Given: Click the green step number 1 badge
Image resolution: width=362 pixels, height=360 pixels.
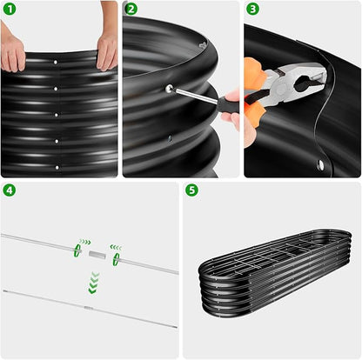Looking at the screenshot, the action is tap(10, 10).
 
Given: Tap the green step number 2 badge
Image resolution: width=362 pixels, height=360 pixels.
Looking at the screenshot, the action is tap(131, 10).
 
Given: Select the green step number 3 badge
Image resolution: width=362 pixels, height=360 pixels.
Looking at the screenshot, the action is tap(252, 10).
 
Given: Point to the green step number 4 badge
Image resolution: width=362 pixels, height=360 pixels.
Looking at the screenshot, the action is tap(10, 190).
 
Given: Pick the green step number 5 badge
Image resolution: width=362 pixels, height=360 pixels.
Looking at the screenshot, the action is tap(191, 190).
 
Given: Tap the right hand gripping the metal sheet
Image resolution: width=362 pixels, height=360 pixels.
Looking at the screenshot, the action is tap(107, 50).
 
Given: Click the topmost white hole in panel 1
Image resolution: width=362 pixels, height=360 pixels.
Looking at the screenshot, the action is tap(56, 62).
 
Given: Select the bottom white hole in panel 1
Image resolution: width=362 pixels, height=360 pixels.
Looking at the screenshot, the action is tap(57, 168).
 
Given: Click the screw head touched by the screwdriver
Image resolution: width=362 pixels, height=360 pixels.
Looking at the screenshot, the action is tap(169, 88).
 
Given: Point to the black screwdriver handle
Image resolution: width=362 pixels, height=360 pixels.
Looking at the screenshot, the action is tap(229, 106).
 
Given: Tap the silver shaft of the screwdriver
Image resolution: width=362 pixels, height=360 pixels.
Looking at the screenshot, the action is tap(196, 96).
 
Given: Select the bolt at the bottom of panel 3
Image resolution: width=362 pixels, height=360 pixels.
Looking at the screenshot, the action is tap(320, 164).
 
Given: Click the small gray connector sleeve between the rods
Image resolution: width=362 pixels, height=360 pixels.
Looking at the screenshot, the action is tap(97, 255).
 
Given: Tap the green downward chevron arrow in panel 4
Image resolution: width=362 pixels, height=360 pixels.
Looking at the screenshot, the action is tap(93, 283).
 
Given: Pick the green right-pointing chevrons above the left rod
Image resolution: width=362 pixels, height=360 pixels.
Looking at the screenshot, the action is tap(85, 242).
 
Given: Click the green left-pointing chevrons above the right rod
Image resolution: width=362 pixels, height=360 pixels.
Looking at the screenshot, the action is tap(116, 248).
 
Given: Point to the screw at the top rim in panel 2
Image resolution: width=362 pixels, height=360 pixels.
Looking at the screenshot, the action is tap(203, 44).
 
